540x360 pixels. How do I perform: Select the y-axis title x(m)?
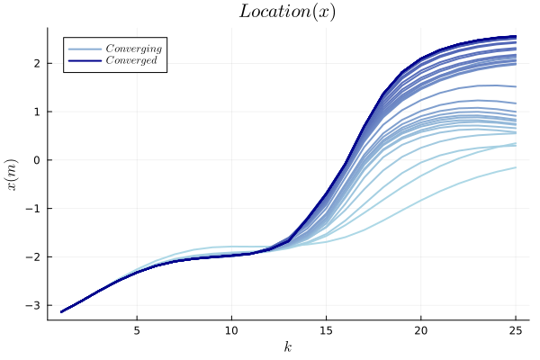13,174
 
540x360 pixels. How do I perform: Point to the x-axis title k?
288,346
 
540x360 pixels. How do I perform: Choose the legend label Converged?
131,60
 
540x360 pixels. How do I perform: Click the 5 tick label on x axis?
137,329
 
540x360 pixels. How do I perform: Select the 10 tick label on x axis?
231,329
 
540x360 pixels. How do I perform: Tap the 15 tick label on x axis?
326,329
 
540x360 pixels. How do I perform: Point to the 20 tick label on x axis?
420,329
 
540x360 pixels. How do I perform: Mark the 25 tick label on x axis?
515,329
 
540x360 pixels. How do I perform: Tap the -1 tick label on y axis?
34,209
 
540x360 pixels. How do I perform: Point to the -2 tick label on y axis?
34,257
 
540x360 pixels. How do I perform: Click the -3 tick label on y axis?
34,306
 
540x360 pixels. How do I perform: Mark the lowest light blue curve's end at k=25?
515,167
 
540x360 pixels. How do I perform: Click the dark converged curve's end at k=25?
515,36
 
